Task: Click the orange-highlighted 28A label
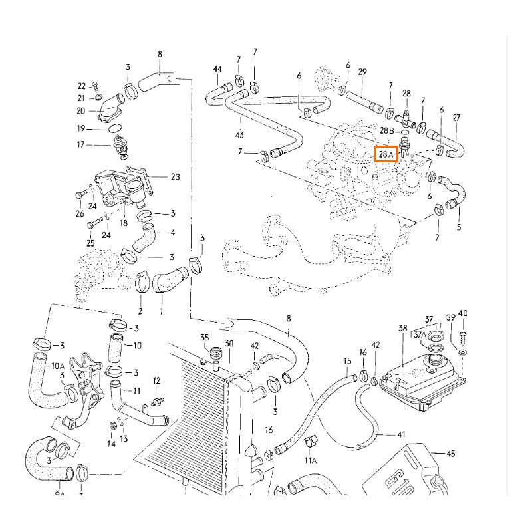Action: (386, 154)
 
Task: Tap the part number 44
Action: (217, 70)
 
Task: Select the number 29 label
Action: (362, 71)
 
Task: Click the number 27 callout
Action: (457, 118)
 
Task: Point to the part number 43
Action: (239, 135)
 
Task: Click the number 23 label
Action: (176, 177)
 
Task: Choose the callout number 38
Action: (402, 328)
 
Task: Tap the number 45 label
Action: (451, 454)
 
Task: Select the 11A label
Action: (311, 460)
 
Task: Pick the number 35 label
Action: (204, 338)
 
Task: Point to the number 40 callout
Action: (464, 313)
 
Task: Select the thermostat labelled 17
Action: (120, 148)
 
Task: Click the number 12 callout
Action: (156, 381)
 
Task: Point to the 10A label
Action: (58, 366)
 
